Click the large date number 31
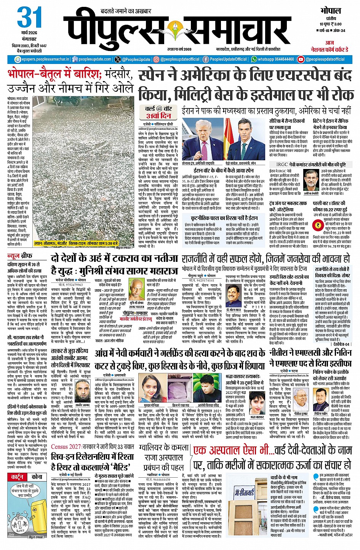[x=29, y=18]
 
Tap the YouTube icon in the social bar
[x=301, y=59]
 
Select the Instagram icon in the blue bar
[x=156, y=59]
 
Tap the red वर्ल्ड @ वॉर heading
[x=158, y=109]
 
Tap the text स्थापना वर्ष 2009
[x=179, y=49]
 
